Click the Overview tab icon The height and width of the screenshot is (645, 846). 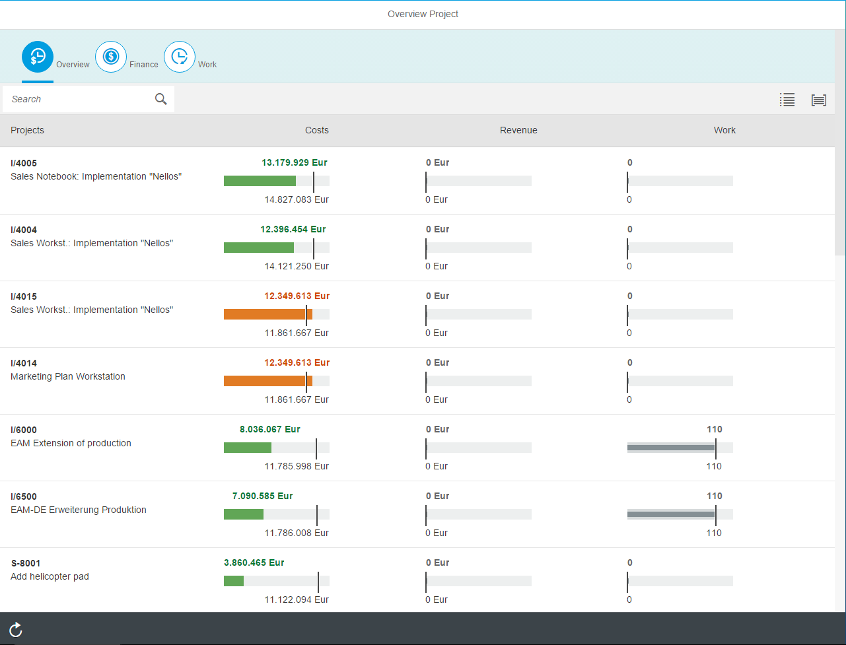pyautogui.click(x=38, y=57)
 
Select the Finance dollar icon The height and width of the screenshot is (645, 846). pyautogui.click(x=111, y=57)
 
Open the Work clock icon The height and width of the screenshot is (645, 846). pyautogui.click(x=180, y=57)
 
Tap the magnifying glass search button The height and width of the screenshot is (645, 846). pyautogui.click(x=160, y=99)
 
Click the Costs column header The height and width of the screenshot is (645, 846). pyautogui.click(x=317, y=130)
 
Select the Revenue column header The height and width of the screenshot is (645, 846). pyautogui.click(x=518, y=130)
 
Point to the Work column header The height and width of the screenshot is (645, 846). pyautogui.click(x=724, y=130)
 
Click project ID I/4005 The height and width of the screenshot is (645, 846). pyautogui.click(x=24, y=163)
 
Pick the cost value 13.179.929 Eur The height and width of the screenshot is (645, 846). pyautogui.click(x=295, y=162)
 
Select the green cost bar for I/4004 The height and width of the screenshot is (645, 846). pyautogui.click(x=259, y=248)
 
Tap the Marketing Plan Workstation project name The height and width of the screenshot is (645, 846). pyautogui.click(x=68, y=376)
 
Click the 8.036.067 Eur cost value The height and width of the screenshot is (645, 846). pyautogui.click(x=270, y=429)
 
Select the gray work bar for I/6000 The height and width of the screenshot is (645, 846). pyautogui.click(x=671, y=448)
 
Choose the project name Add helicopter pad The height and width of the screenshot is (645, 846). pyautogui.click(x=50, y=576)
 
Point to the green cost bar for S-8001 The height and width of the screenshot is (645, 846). pyautogui.click(x=234, y=581)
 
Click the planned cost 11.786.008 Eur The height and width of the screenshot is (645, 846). pyautogui.click(x=297, y=533)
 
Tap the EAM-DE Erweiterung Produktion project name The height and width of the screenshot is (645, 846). pyautogui.click(x=79, y=510)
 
